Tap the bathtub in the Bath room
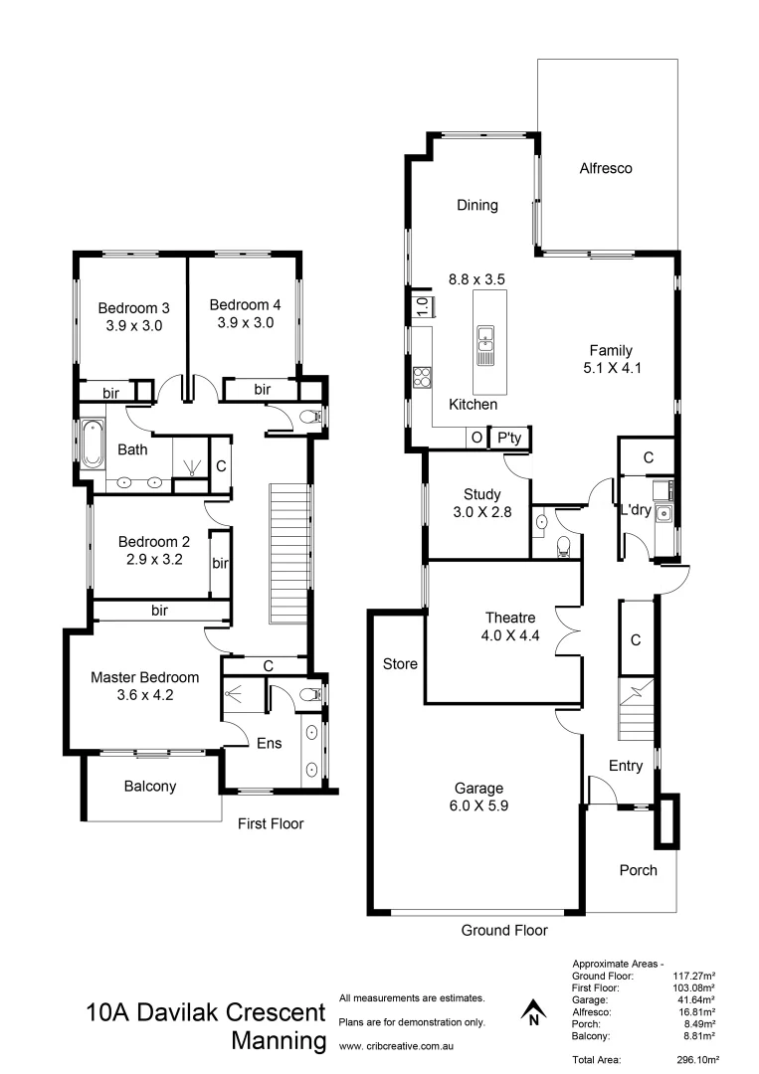(x=93, y=446)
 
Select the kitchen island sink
(x=486, y=344)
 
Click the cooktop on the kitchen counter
(x=422, y=377)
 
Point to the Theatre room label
(x=511, y=617)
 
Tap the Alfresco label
(x=606, y=169)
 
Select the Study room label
(x=482, y=494)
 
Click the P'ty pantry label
(x=509, y=437)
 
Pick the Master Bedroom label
(x=144, y=677)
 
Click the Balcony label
(x=150, y=786)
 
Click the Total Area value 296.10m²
(x=696, y=1060)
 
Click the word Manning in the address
(x=279, y=1042)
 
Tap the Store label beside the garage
(x=400, y=663)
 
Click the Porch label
(x=638, y=870)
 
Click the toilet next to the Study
(x=562, y=542)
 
